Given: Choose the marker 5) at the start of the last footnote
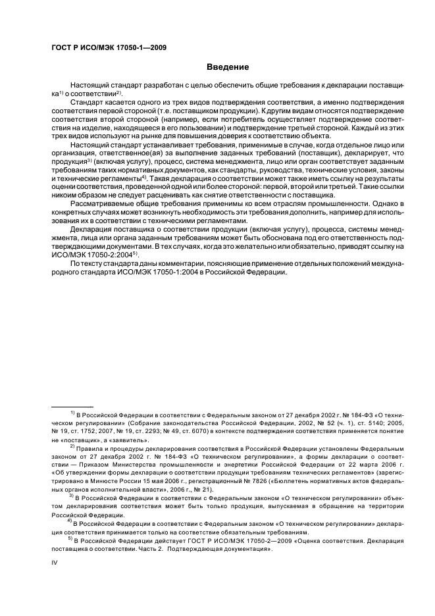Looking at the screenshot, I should click(x=72, y=536).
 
